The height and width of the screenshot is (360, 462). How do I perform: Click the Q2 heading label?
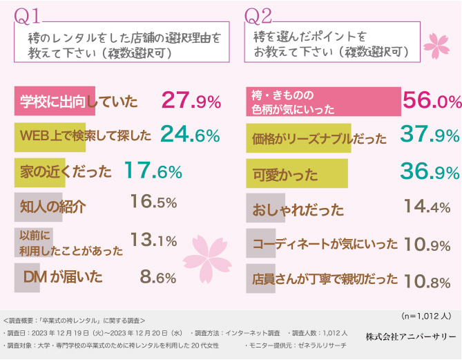click(x=259, y=15)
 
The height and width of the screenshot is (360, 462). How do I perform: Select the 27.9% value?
click(x=191, y=102)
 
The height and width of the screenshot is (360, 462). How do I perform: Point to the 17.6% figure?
click(x=153, y=171)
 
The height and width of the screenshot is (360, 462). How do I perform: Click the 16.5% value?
click(x=153, y=205)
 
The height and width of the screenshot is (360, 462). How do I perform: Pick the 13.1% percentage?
click(x=154, y=240)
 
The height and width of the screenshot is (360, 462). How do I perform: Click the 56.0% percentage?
click(x=432, y=102)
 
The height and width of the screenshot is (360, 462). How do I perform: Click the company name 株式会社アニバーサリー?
click(x=410, y=337)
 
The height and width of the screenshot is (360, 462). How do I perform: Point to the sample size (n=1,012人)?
click(x=425, y=316)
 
